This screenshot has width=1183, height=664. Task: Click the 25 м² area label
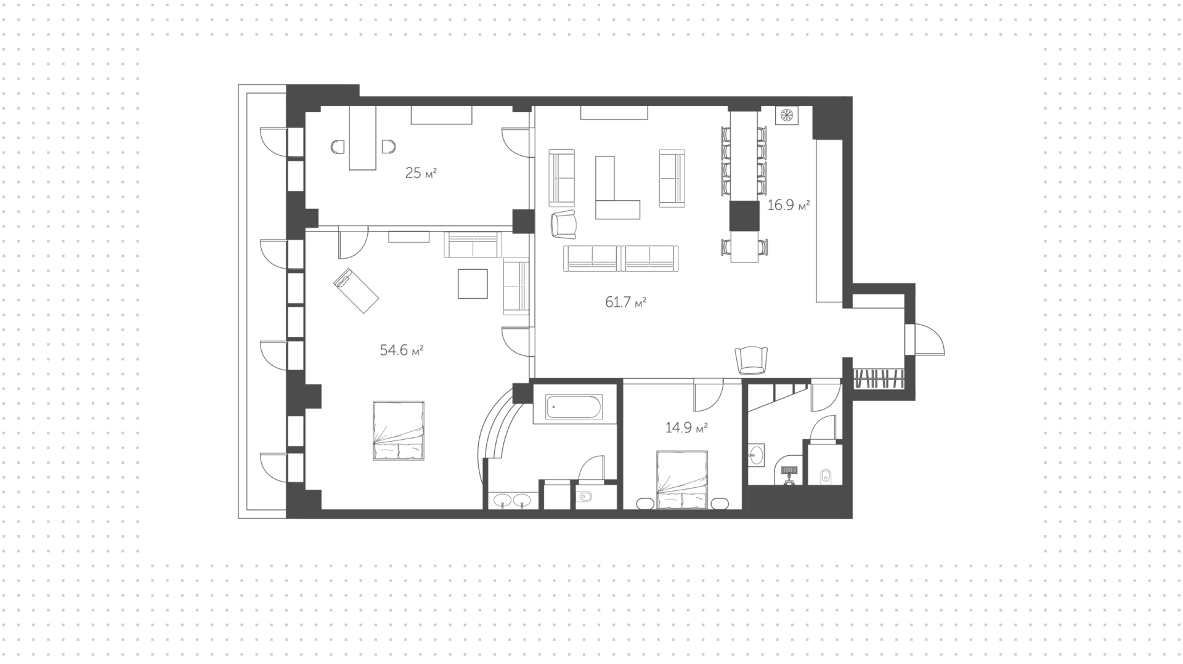pos(421,173)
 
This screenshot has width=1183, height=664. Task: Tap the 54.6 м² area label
pos(402,350)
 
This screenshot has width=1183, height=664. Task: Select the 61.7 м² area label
pos(626,302)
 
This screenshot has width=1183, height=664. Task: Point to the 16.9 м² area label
pos(788,205)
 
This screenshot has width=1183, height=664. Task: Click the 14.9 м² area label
pos(686,427)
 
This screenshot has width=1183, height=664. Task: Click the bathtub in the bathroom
pos(574,407)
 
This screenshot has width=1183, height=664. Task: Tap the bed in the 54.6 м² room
pos(399,431)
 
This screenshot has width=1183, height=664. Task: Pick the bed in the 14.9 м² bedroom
pos(682,480)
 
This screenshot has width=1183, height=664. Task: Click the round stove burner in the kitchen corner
pos(787,115)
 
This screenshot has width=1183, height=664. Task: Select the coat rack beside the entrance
pos(879,378)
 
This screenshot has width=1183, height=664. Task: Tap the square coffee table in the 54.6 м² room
pos(473,284)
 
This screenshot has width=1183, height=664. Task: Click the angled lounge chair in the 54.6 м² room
pos(356,289)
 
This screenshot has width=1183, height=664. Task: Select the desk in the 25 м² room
pos(362,137)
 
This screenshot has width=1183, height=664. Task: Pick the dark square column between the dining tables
pos(744,216)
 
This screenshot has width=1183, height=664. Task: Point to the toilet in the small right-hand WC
pos(826,475)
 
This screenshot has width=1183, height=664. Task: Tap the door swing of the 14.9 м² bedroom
pos(709,395)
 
